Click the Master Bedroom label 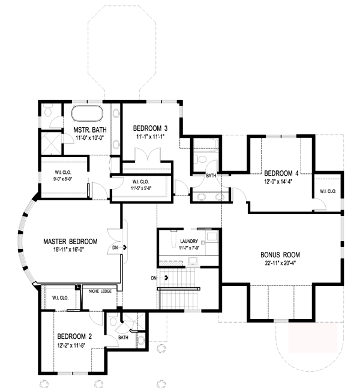pos(70,242)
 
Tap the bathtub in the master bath pos(87,113)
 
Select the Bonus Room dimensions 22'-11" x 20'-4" pos(281,263)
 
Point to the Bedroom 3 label pos(150,128)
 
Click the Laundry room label pos(189,241)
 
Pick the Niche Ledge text pos(100,291)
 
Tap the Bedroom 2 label pos(74,336)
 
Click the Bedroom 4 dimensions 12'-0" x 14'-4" pos(278,182)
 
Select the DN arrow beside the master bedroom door pos(124,247)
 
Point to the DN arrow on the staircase pos(166,278)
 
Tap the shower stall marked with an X pos(51,143)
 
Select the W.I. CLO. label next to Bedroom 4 pos(328,191)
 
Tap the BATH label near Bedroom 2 pos(124,338)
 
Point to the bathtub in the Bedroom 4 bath pos(206,144)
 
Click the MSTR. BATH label pos(90,130)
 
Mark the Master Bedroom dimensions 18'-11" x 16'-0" pos(69,249)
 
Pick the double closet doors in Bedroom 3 pos(148,155)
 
